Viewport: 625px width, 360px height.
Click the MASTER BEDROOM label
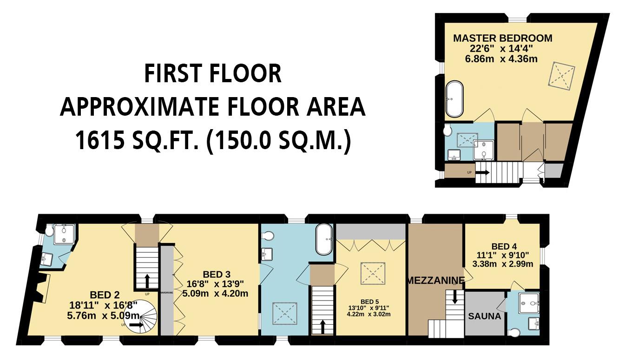(503, 38)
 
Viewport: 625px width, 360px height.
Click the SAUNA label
(485, 316)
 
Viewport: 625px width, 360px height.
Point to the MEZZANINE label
(435, 281)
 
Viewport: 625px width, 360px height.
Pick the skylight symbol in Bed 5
(370, 272)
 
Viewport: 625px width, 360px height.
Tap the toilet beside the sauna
(514, 332)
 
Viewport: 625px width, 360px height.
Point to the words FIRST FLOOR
(213, 74)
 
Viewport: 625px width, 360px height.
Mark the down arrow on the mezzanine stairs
(454, 297)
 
